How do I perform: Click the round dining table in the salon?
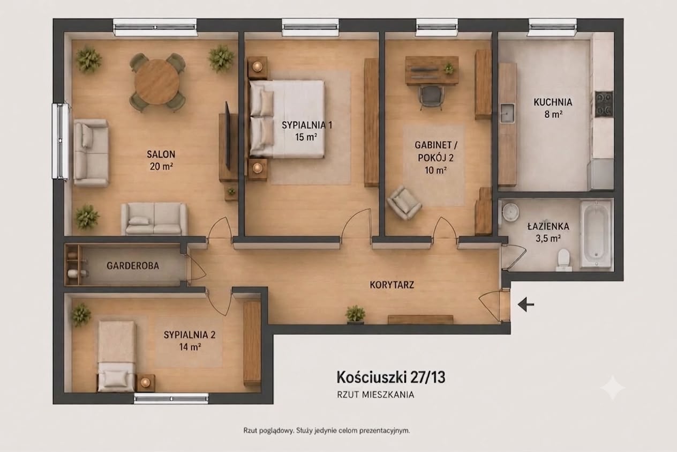coord(157,81)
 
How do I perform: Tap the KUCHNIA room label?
coord(553,102)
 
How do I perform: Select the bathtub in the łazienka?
coord(596,234)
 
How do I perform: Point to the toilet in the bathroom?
coord(563,260)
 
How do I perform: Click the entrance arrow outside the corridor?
coord(526,304)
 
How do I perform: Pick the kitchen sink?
coord(507,113)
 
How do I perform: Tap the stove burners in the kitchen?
coord(604,104)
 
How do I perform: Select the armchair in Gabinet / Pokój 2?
coord(404,202)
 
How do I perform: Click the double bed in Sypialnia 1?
coord(287,119)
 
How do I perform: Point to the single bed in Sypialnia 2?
coord(117,356)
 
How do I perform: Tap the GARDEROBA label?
coord(133,265)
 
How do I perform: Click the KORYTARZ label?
coord(392,285)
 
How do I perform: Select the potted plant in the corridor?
coord(356,314)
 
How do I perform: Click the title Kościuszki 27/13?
coord(391,377)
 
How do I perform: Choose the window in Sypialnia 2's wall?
coord(171,398)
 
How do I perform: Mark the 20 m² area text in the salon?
coord(161,166)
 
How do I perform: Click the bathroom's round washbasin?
coord(510,211)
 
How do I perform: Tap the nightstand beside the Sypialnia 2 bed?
coord(146,383)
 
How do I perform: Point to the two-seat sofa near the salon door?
coord(154,219)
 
